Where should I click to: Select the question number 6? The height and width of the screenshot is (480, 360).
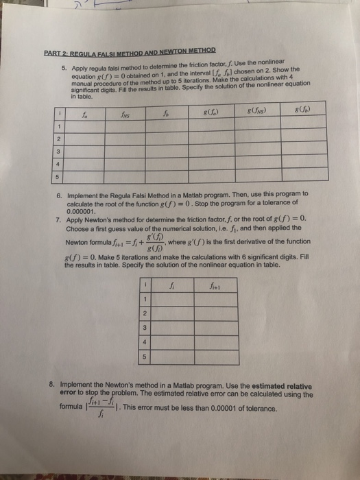click(62, 194)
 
